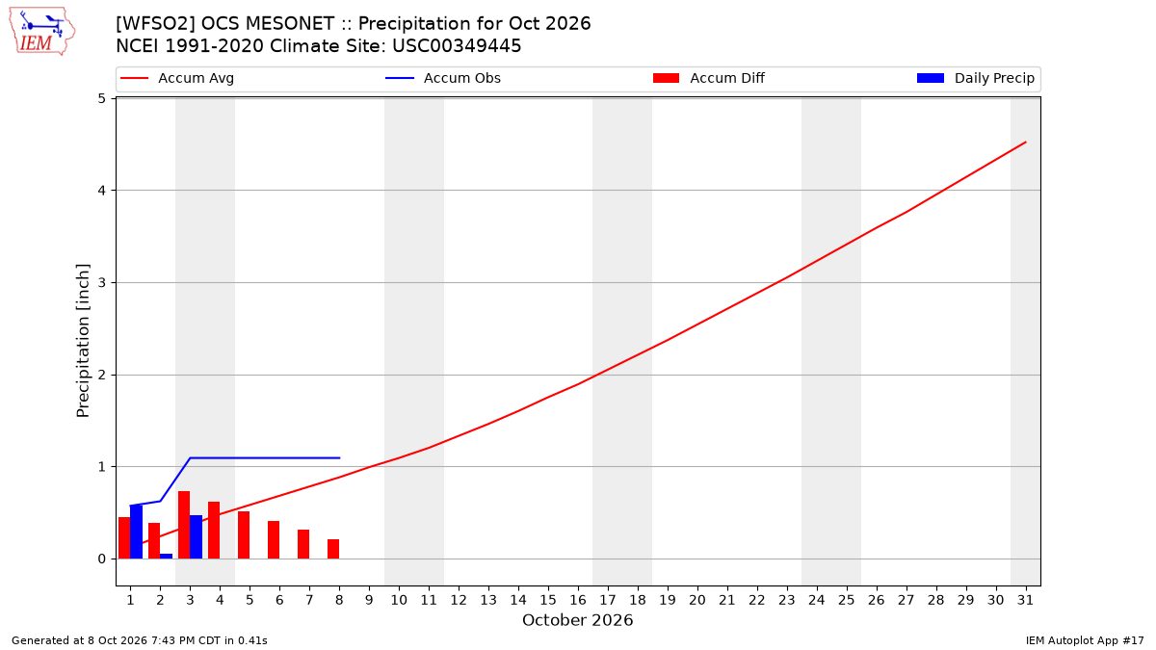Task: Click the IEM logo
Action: point(42,31)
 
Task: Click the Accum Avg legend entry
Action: point(177,78)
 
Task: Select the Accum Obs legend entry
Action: point(443,78)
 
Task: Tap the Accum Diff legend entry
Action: point(709,78)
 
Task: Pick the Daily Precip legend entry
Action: point(975,78)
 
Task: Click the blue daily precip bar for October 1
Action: point(136,532)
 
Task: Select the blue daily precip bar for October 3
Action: point(197,537)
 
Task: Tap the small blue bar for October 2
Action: point(166,557)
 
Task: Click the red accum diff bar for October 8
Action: point(333,549)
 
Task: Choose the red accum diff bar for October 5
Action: point(244,535)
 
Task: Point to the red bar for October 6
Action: point(274,540)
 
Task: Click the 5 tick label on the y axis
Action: point(102,98)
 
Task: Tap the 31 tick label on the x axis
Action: point(1025,600)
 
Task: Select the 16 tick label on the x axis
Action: point(578,600)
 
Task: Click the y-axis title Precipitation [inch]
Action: point(83,341)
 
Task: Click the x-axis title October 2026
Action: point(577,620)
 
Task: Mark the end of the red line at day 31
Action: point(1025,142)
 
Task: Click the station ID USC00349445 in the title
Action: point(457,46)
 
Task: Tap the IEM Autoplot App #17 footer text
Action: point(1085,640)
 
